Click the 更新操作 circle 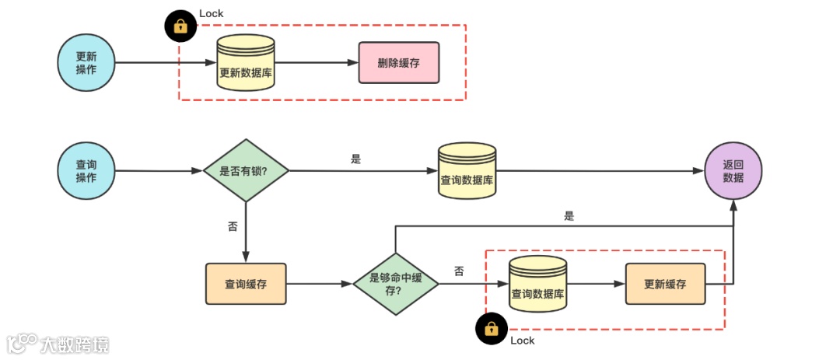pos(86,62)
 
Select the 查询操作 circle pos(86,171)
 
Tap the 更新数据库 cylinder pos(246,64)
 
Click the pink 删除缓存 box pos(399,63)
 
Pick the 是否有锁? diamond pos(246,170)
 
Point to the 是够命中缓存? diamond pos(395,284)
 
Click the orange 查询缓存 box pos(246,284)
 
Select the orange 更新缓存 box pos(665,284)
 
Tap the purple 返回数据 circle pos(733,171)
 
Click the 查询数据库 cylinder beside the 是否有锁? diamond pos(467,171)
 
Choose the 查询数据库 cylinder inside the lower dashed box pos(537,285)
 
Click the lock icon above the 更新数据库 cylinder pos(180,26)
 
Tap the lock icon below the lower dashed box pos(491,328)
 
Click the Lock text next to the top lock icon pos(212,13)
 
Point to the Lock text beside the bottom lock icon pos(523,341)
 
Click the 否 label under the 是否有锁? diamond pos(233,226)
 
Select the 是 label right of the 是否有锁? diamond pos(356,159)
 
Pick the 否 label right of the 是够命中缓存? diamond pos(459,271)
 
